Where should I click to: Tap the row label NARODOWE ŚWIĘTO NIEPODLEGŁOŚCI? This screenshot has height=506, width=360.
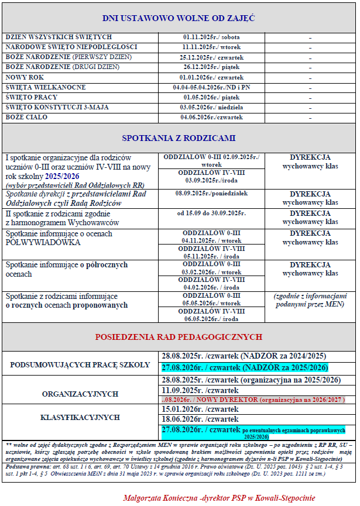[71, 47]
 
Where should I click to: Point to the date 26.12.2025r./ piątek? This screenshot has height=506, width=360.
[212, 67]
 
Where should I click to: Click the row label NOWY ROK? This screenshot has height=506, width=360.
[25, 77]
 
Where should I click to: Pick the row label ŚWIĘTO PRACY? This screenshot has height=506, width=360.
[33, 97]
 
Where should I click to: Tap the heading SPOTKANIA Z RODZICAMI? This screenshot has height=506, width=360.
[179, 139]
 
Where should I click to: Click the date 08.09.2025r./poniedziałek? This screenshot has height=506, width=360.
[212, 193]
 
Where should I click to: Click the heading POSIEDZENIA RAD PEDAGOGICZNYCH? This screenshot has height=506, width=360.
[179, 338]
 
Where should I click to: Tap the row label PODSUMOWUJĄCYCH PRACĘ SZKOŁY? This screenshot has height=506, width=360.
[80, 364]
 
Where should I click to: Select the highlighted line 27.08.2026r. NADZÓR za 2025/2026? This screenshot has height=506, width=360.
[244, 367]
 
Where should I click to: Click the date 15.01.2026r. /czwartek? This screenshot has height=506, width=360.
[200, 410]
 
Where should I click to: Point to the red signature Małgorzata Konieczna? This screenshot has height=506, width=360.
[162, 498]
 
